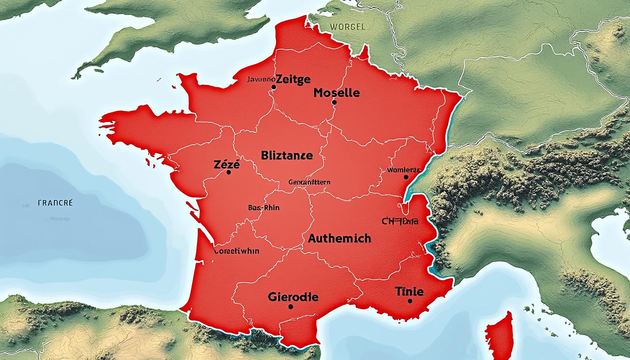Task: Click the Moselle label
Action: [337, 93]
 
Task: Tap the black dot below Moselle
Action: [334, 102]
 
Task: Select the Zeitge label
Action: [293, 79]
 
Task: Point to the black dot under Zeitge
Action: [273, 87]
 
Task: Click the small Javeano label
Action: [260, 80]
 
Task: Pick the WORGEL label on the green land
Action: [347, 27]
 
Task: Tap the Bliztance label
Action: [286, 156]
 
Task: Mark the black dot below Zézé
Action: [228, 172]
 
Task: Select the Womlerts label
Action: [403, 170]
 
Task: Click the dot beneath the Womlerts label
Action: [405, 177]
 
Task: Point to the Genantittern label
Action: [309, 182]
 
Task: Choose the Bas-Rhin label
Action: [263, 207]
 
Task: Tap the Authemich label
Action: [339, 238]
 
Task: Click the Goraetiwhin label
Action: [236, 251]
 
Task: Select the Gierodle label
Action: [293, 297]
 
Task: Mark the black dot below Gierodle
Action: [291, 307]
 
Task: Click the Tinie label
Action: [409, 292]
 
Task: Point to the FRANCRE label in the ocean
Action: [55, 203]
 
